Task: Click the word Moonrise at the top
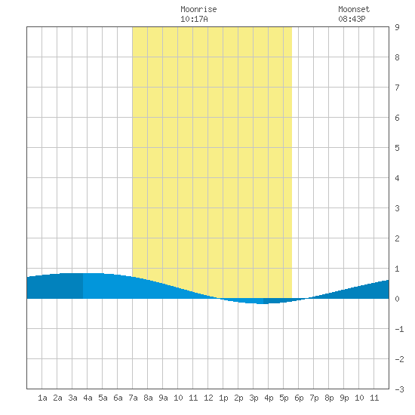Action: click(x=198, y=9)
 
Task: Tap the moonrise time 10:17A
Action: click(x=194, y=19)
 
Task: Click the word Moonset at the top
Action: click(x=354, y=9)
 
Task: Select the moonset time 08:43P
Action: click(x=352, y=19)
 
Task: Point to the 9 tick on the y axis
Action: click(x=397, y=27)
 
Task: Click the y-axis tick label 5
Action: click(x=397, y=148)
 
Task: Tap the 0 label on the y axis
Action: click(x=397, y=299)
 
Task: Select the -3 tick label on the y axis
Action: click(x=399, y=389)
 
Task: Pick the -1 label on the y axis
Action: click(x=399, y=329)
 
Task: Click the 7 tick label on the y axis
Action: click(x=397, y=88)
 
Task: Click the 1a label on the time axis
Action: click(x=42, y=398)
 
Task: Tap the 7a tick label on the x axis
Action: click(x=133, y=398)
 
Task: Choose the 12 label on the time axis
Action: click(x=208, y=398)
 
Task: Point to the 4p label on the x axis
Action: click(x=269, y=398)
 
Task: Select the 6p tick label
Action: click(x=299, y=398)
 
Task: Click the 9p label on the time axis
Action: click(x=344, y=398)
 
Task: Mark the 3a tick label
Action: click(x=72, y=398)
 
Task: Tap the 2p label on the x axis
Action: click(x=238, y=398)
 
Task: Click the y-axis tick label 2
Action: click(x=397, y=238)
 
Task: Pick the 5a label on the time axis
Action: click(x=103, y=398)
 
